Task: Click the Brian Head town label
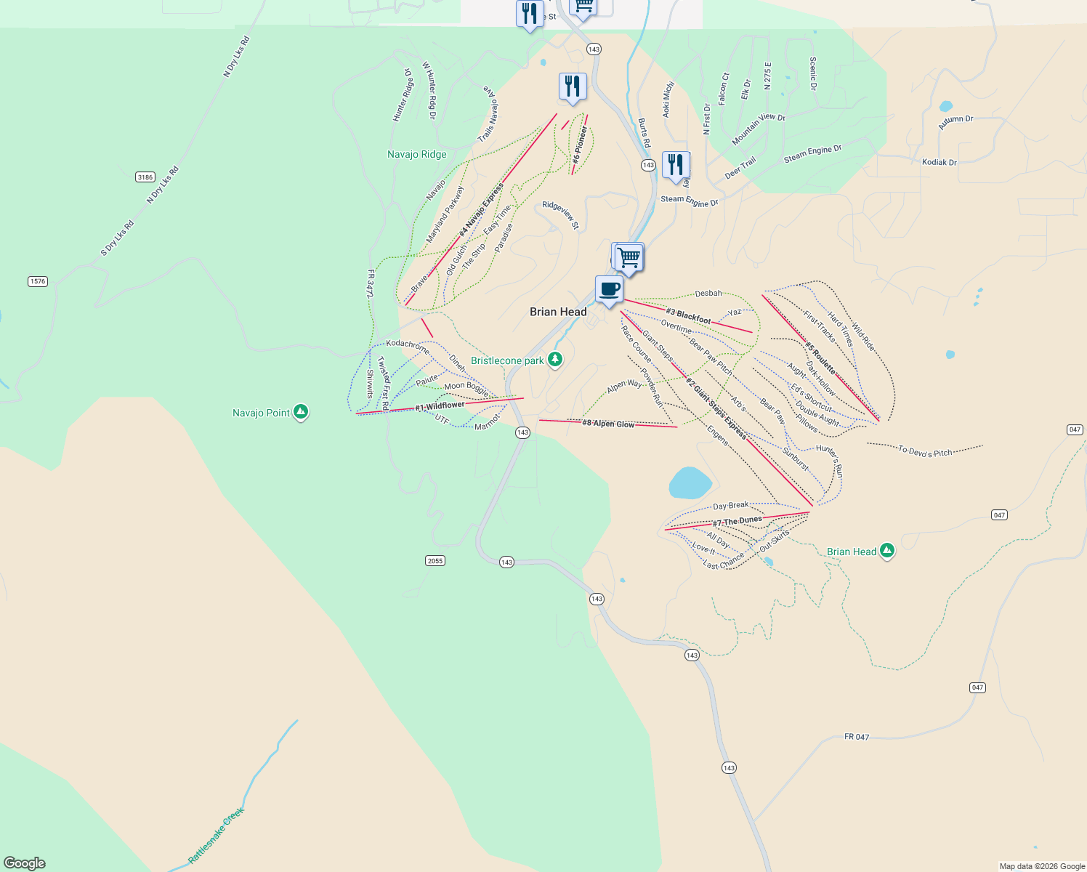(558, 312)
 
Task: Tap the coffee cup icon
(609, 289)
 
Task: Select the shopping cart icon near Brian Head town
(629, 257)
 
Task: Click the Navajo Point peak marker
(301, 412)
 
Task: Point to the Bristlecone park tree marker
(555, 360)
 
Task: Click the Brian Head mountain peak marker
(886, 551)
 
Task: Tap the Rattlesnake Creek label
(217, 836)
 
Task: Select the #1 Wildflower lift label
(440, 406)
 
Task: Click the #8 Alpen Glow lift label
(608, 424)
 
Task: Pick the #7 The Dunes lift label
(737, 521)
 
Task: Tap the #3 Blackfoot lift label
(688, 316)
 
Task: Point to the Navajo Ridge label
(417, 154)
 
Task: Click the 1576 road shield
(38, 281)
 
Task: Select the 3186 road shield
(145, 177)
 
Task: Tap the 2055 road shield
(435, 560)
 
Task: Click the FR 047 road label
(857, 737)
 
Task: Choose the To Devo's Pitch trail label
(925, 451)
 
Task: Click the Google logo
(25, 863)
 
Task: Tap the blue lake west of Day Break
(690, 483)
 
